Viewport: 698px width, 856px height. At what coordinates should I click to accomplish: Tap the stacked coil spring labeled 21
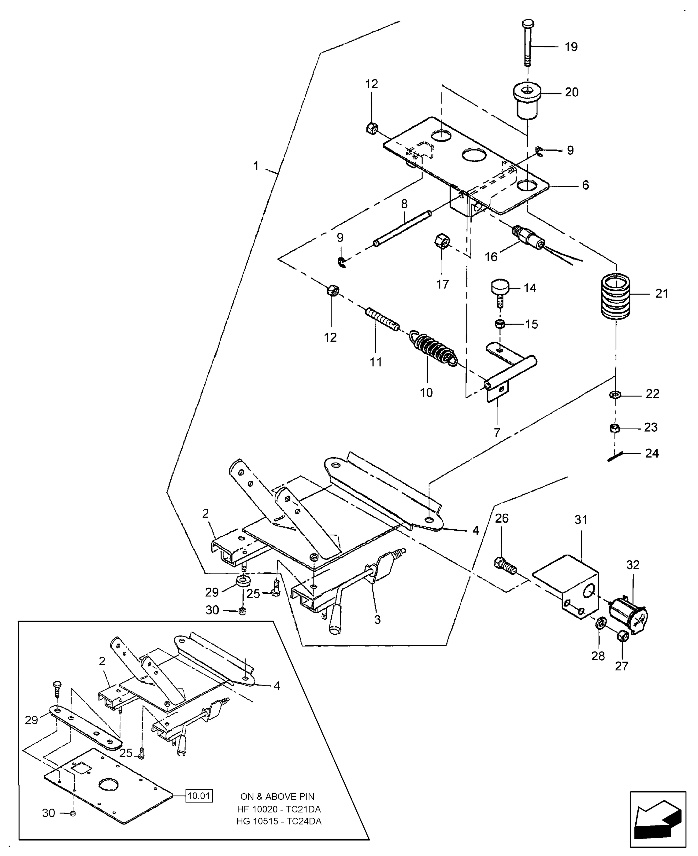(615, 297)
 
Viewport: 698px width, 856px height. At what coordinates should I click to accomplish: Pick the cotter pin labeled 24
(615, 456)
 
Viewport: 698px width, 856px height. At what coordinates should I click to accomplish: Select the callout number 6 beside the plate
(585, 185)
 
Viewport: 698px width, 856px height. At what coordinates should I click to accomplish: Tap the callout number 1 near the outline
(256, 166)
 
